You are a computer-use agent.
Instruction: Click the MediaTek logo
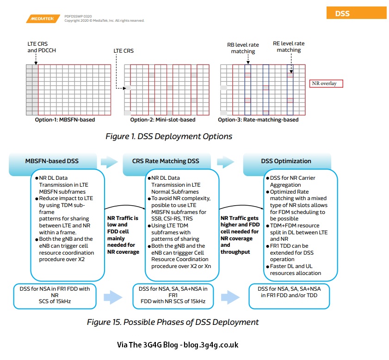43,19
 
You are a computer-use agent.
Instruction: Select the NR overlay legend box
326,84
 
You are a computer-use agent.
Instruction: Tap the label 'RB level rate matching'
243,48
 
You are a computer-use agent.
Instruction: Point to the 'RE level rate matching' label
289,47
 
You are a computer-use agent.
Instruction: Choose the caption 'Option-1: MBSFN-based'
65,120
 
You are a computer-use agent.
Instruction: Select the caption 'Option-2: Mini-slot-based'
162,120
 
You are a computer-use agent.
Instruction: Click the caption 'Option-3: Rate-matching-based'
258,120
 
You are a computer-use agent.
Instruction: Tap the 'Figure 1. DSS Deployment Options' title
169,136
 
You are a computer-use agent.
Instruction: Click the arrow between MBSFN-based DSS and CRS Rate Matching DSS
110,161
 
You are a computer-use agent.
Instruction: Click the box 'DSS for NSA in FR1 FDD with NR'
55,296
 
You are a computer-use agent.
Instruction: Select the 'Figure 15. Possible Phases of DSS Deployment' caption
173,322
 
